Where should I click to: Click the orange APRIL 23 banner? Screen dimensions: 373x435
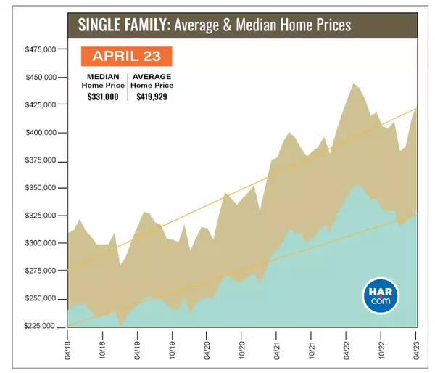coord(125,56)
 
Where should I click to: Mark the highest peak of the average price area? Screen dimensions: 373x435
coord(354,84)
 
